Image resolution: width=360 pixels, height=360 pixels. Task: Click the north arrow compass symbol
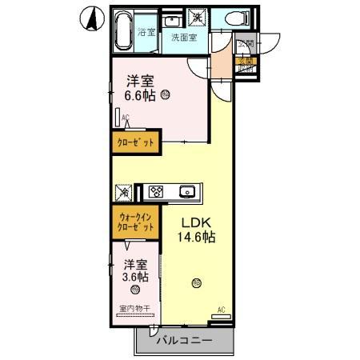tap(92, 18)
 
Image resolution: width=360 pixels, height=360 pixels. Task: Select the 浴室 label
tap(146, 33)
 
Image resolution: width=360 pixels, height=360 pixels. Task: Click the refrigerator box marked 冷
tap(124, 192)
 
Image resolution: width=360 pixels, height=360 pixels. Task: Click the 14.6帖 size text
tap(195, 237)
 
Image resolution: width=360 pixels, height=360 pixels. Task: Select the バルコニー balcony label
tap(183, 340)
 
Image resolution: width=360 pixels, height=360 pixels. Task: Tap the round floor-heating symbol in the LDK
tap(194, 282)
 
